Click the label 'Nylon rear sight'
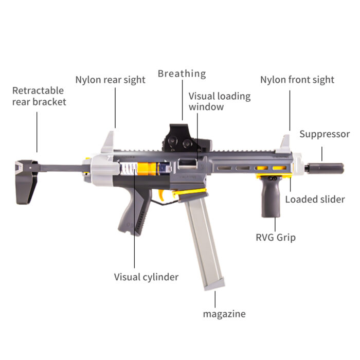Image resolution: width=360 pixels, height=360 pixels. point(110,80)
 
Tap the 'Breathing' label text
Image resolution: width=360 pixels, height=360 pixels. point(182,74)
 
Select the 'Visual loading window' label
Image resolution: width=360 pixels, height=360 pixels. point(220,101)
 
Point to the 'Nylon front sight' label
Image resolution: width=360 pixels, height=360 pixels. point(297,80)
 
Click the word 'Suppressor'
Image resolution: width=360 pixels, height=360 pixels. point(325,134)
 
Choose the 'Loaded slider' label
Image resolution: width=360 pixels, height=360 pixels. point(315,200)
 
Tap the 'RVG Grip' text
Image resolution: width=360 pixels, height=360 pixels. point(276,238)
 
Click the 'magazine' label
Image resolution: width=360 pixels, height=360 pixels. point(224,314)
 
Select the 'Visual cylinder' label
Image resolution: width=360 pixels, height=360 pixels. point(146,277)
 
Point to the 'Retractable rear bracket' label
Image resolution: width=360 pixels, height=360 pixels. point(39,96)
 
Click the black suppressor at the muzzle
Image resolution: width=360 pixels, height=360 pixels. point(324,168)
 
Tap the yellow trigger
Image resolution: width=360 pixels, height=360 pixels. point(162,195)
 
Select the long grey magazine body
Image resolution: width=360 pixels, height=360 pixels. point(205,243)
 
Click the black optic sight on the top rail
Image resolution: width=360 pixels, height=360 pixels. point(187,138)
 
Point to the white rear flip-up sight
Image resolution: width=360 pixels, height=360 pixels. point(108,142)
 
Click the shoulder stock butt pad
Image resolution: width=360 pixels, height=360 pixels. point(25,182)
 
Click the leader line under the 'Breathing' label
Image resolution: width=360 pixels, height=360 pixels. point(183,100)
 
